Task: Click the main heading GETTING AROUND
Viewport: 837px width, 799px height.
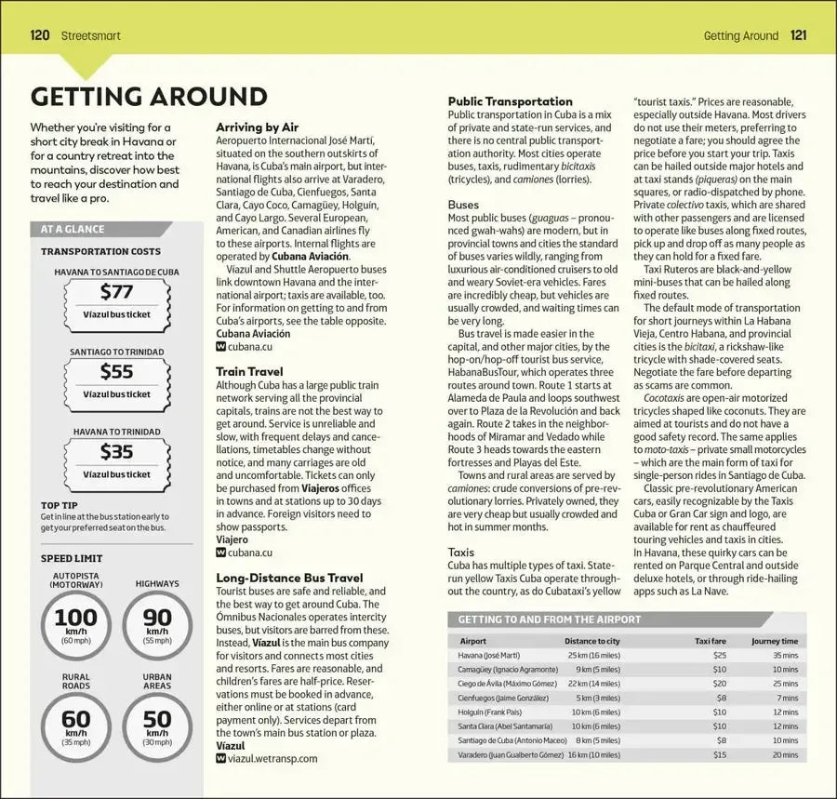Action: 149,97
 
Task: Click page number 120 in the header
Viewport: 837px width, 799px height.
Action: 40,36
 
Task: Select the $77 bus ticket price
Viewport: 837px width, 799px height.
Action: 116,292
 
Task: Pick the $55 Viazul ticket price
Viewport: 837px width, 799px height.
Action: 116,371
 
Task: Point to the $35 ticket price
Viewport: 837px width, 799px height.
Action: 116,451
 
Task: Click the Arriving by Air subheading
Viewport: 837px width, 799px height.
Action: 257,127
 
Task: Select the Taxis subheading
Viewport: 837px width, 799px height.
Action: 461,552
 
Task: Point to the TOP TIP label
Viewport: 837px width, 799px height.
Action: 59,505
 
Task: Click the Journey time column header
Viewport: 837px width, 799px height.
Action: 775,641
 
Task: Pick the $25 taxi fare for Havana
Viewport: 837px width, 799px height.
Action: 720,655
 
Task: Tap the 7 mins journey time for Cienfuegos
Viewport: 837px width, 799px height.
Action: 788,698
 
